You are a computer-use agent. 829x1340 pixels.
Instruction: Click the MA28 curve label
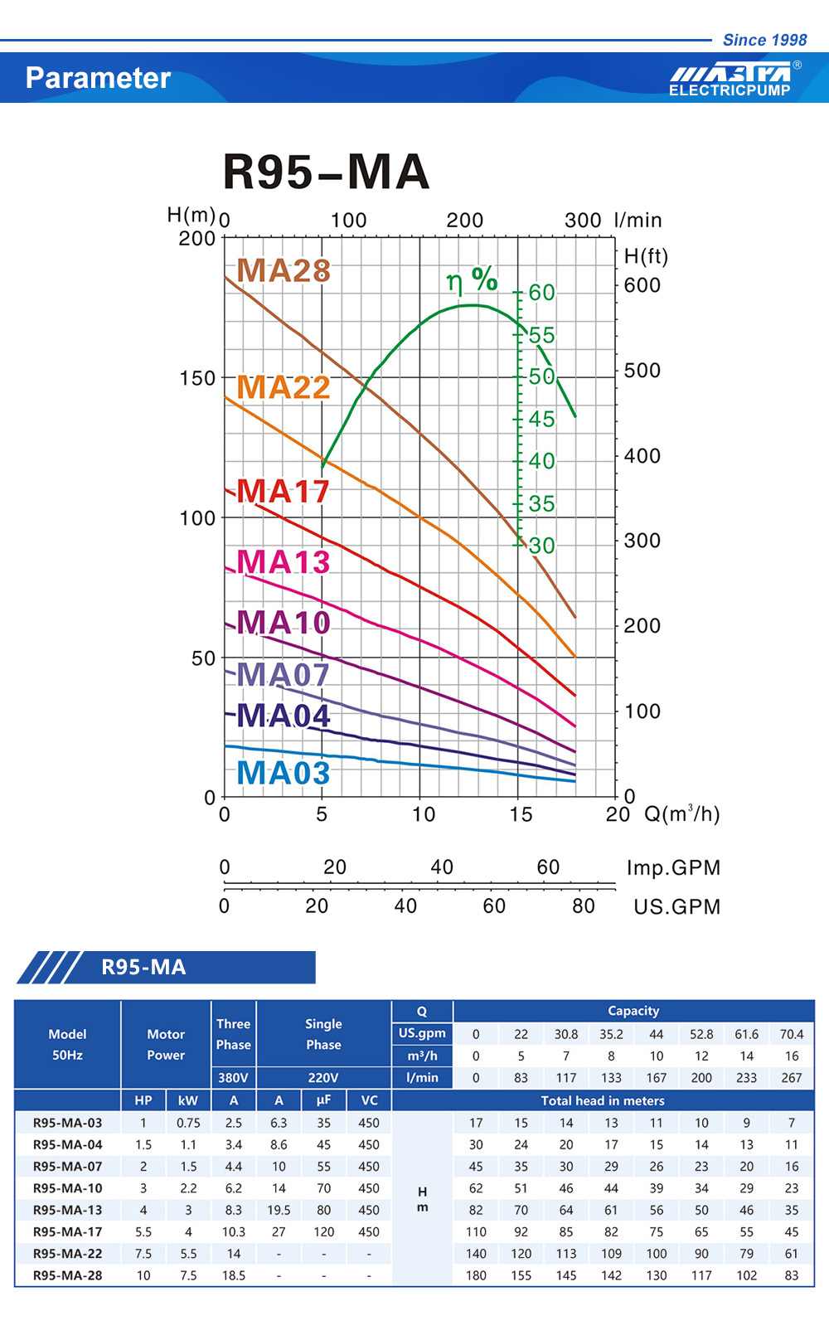(x=284, y=271)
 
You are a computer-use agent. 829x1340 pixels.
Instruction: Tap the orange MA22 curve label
(x=284, y=387)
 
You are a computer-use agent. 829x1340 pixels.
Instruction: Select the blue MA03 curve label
(x=284, y=773)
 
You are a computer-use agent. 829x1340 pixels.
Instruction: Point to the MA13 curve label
(x=284, y=562)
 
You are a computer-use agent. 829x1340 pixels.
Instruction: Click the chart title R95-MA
(x=326, y=172)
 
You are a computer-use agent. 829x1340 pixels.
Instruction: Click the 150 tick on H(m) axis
(x=197, y=378)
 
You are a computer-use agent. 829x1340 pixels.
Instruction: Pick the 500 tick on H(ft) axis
(x=642, y=370)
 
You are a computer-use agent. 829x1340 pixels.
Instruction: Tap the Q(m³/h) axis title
(x=681, y=813)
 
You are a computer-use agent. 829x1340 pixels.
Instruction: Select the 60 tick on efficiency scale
(x=541, y=292)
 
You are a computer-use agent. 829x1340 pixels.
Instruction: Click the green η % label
(x=472, y=280)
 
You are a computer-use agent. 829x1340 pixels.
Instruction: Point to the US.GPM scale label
(x=676, y=906)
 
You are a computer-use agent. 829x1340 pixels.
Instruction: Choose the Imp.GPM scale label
(x=673, y=867)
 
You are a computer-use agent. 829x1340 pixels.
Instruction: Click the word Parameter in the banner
(x=98, y=78)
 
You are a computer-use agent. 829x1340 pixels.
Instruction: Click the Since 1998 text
(x=764, y=40)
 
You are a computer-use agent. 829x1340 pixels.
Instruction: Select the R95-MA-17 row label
(x=68, y=1232)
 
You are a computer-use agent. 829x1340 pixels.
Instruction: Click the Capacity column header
(x=633, y=1011)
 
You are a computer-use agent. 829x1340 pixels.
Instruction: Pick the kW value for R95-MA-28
(x=188, y=1275)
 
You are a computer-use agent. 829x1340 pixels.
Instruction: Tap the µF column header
(x=323, y=1100)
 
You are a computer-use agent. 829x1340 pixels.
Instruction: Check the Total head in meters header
(x=603, y=1100)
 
